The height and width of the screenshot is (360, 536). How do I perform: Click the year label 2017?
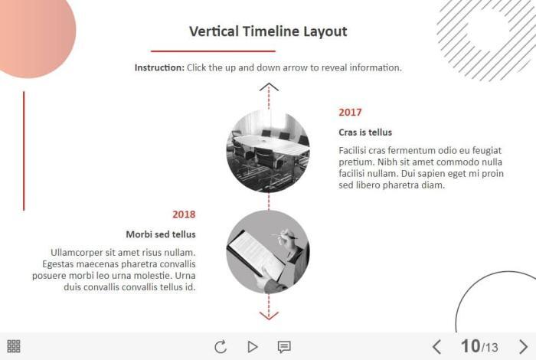[350, 112]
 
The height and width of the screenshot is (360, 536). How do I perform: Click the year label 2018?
[184, 214]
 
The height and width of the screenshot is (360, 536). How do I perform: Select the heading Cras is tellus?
[365, 133]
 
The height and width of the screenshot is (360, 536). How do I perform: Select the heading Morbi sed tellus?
[161, 234]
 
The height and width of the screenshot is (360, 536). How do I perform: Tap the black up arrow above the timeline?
[269, 87]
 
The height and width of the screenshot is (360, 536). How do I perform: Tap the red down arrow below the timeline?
[269, 316]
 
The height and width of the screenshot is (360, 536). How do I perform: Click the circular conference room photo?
[268, 151]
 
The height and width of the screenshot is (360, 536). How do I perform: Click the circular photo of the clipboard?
[268, 252]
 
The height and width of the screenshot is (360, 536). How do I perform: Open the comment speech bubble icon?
[284, 347]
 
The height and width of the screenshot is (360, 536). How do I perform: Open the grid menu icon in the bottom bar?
[14, 346]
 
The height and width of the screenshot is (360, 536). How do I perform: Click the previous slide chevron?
[436, 347]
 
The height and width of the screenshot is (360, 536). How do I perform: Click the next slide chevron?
[523, 347]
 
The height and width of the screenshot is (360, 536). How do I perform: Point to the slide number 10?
[470, 346]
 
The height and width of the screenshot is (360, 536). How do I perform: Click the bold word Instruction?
[159, 67]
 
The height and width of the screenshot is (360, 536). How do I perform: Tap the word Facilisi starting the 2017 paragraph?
[352, 150]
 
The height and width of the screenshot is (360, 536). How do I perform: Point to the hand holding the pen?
[286, 238]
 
